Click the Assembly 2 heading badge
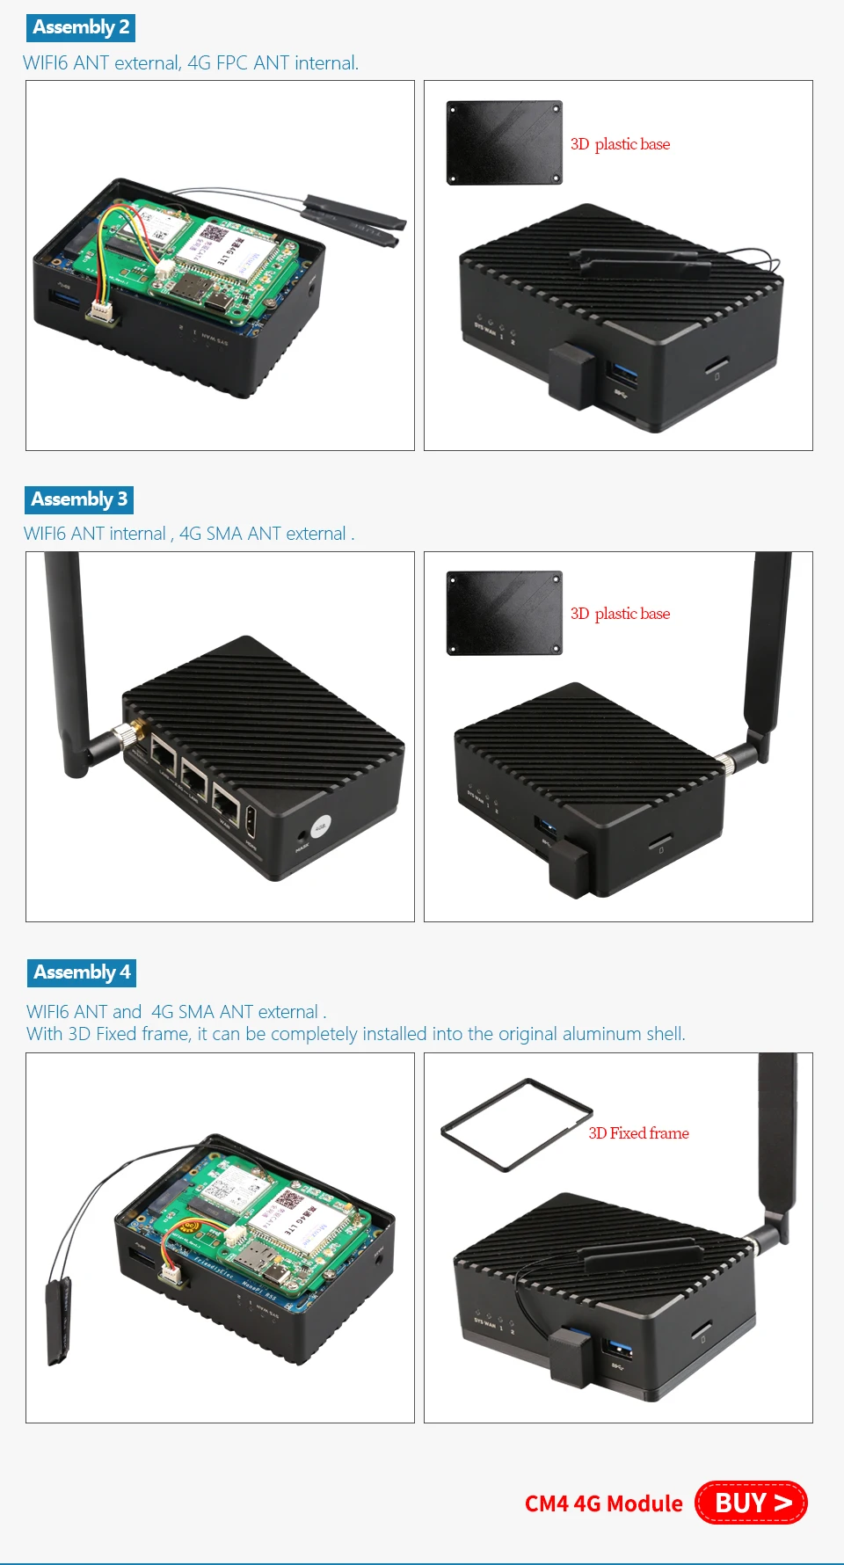[80, 27]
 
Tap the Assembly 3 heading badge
[79, 499]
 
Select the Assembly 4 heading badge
[82, 972]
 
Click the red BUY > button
[751, 1503]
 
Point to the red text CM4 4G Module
[603, 1503]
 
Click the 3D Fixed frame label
[638, 1133]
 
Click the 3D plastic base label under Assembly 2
[620, 144]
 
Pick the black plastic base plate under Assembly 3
[504, 613]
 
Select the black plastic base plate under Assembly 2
[504, 142]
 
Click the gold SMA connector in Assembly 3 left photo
[135, 731]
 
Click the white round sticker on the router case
[321, 826]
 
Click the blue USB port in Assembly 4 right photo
[619, 1347]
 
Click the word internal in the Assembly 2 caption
[326, 63]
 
